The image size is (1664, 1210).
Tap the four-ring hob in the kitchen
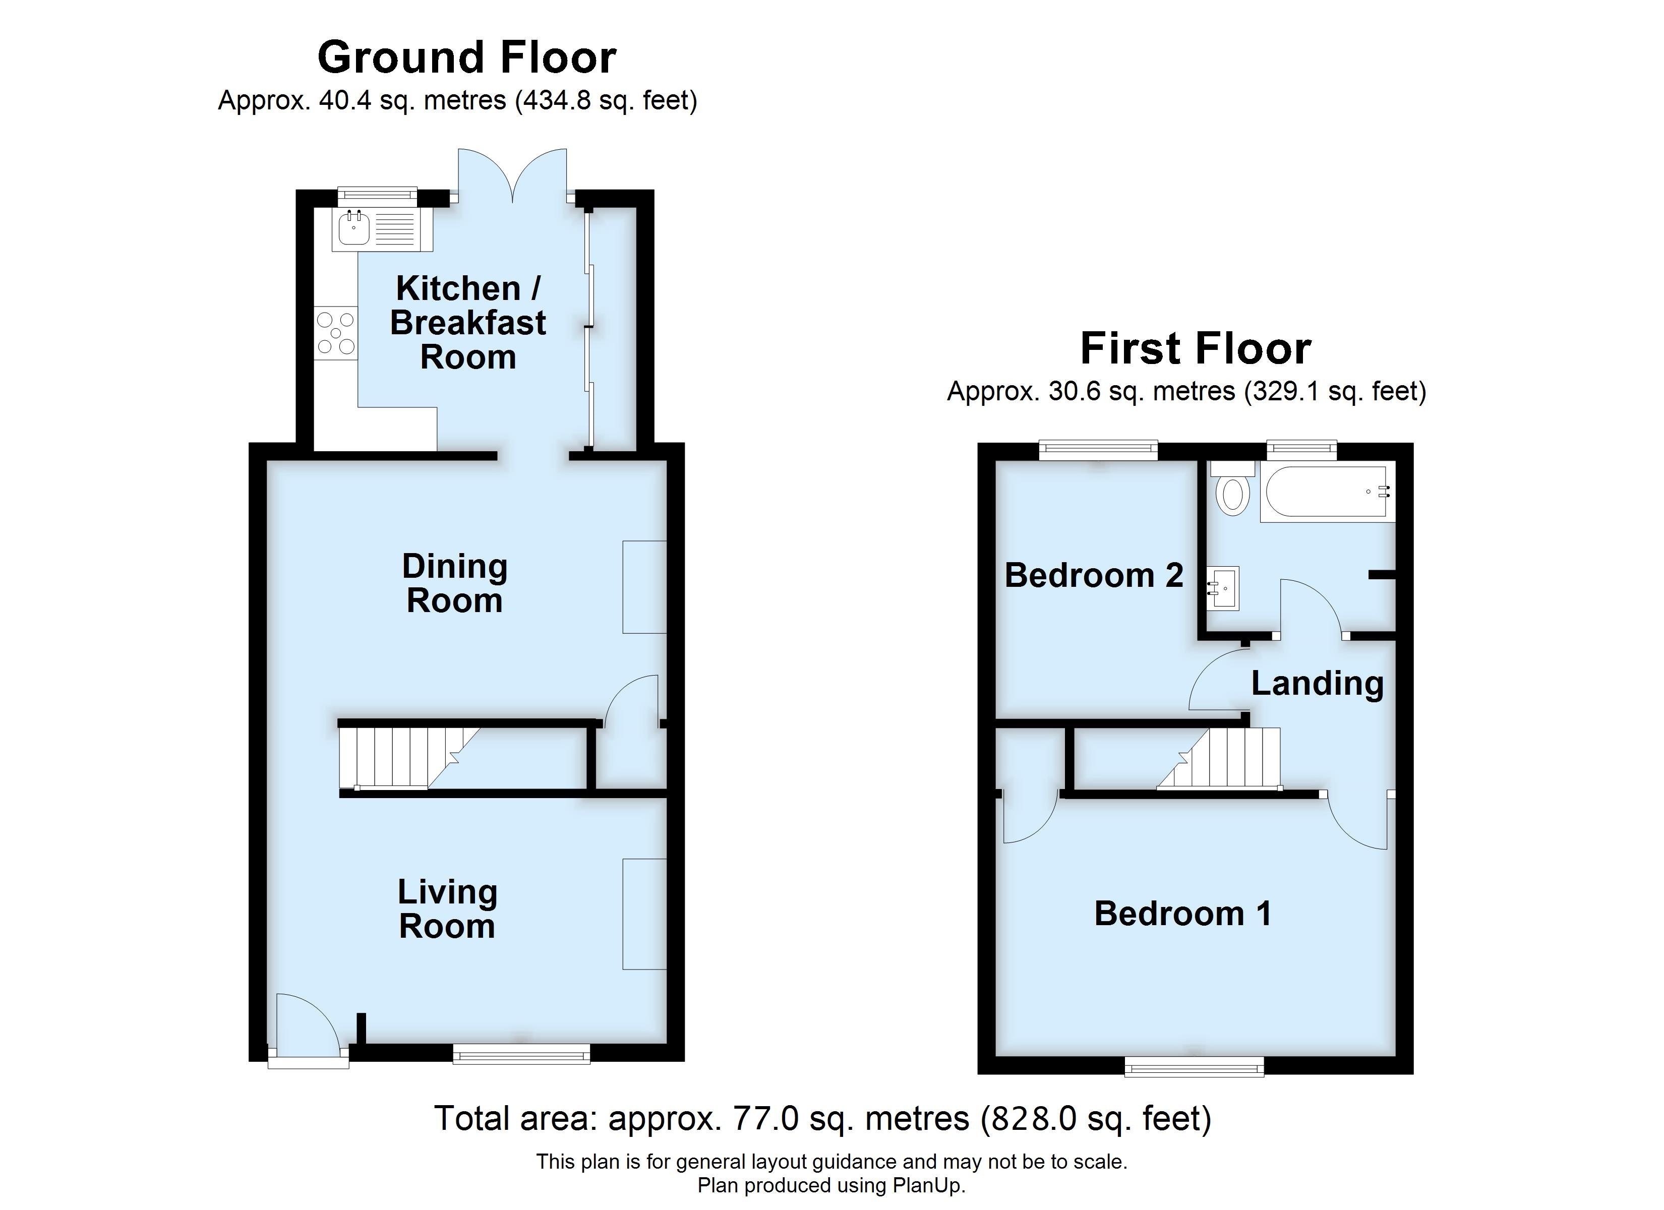click(336, 333)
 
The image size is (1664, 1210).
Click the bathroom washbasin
click(1223, 588)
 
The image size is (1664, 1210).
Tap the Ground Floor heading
click(466, 57)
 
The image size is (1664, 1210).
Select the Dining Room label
click(455, 583)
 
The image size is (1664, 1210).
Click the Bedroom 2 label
click(1093, 575)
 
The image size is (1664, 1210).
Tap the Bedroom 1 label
click(1182, 914)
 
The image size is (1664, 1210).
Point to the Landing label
click(1317, 683)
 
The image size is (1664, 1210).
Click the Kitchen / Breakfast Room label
click(468, 323)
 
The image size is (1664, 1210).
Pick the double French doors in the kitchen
click(513, 176)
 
